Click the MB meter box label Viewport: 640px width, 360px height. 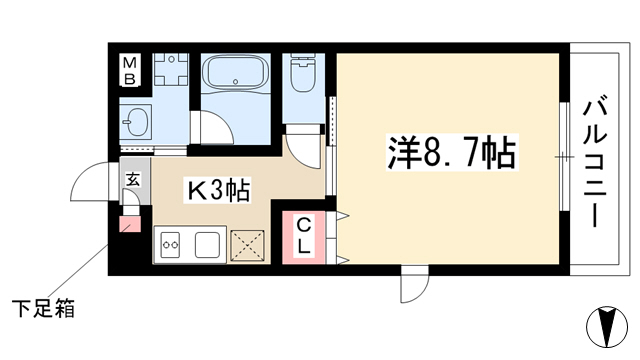pyautogui.click(x=130, y=70)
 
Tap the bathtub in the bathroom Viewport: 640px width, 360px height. pyautogui.click(x=236, y=73)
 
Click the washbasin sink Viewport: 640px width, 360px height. pyautogui.click(x=136, y=121)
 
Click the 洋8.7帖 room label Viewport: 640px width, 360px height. pyautogui.click(x=452, y=152)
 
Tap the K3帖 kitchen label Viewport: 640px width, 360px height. pyautogui.click(x=218, y=190)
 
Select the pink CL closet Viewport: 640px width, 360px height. pyautogui.click(x=304, y=238)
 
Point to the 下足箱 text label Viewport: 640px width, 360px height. pyautogui.click(x=43, y=309)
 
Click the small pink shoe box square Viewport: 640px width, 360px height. pyautogui.click(x=130, y=224)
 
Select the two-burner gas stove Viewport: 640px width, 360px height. pyautogui.click(x=171, y=244)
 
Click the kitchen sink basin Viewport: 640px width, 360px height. pyautogui.click(x=207, y=244)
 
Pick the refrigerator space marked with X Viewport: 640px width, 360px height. pyautogui.click(x=247, y=245)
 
